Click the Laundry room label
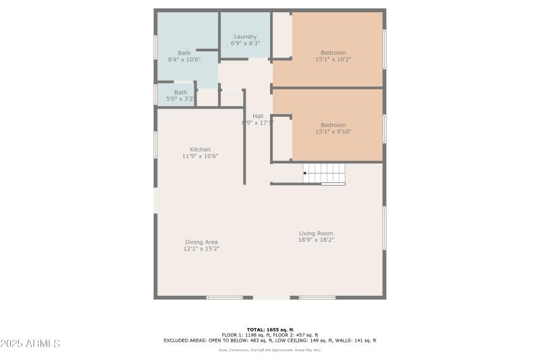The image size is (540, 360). click(245, 36)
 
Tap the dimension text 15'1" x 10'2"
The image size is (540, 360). click(333, 59)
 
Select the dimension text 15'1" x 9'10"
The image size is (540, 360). click(333, 132)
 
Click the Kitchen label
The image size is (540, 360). click(200, 149)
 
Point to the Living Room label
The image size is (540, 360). click(316, 234)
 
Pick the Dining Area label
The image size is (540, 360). click(201, 242)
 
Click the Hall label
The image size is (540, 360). click(258, 115)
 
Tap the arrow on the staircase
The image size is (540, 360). click(306, 174)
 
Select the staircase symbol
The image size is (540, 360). click(323, 174)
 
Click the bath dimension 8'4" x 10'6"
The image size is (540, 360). click(184, 59)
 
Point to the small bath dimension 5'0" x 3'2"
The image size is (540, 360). click(180, 99)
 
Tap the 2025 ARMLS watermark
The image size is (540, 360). click(30, 344)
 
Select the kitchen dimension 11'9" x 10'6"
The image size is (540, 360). click(200, 156)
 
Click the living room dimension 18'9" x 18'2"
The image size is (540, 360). click(316, 240)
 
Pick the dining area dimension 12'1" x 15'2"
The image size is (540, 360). click(201, 249)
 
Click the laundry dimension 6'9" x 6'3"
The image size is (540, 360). click(245, 43)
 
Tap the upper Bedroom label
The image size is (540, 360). click(333, 53)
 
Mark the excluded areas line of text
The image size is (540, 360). click(269, 340)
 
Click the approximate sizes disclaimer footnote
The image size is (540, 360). click(269, 350)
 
